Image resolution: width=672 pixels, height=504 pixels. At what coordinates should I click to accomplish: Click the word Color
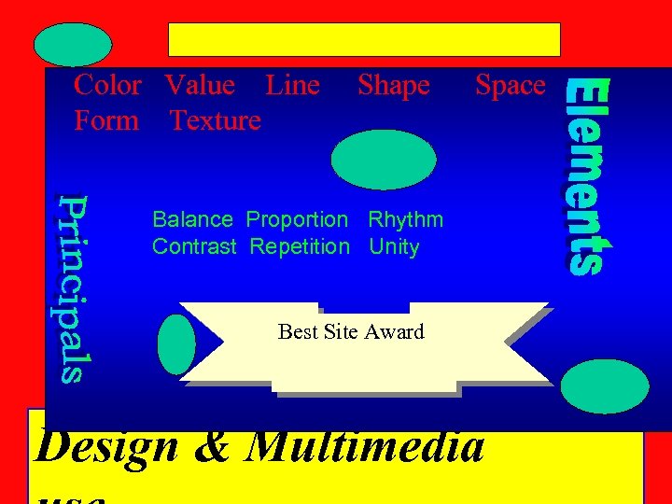(x=107, y=85)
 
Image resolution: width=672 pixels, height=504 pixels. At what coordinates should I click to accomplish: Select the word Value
(x=200, y=85)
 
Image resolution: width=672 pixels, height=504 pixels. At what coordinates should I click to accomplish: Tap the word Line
(x=292, y=85)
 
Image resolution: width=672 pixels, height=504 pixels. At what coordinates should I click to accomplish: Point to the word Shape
(x=393, y=85)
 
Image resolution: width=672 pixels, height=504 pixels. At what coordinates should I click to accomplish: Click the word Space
(x=510, y=85)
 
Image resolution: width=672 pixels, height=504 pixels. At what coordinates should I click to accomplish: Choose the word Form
(x=106, y=120)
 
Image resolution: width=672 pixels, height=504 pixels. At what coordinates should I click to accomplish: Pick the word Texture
(x=215, y=120)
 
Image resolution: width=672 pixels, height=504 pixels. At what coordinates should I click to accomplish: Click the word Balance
(x=192, y=220)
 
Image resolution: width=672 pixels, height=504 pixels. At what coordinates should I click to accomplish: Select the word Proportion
(x=296, y=220)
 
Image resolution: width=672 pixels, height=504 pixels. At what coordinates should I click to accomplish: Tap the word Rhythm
(x=405, y=220)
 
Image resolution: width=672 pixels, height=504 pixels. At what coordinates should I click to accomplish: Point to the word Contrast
(x=194, y=247)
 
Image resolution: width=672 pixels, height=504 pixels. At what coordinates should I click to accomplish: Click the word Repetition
(x=300, y=247)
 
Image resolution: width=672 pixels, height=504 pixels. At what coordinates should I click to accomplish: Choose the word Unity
(x=394, y=247)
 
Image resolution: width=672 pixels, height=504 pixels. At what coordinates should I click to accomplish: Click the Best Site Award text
(x=351, y=331)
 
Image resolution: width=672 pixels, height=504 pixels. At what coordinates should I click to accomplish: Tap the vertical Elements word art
(x=588, y=176)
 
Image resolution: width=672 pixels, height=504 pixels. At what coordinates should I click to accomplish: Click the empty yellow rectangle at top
(x=364, y=39)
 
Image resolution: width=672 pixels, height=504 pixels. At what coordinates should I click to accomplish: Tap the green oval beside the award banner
(x=176, y=344)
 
